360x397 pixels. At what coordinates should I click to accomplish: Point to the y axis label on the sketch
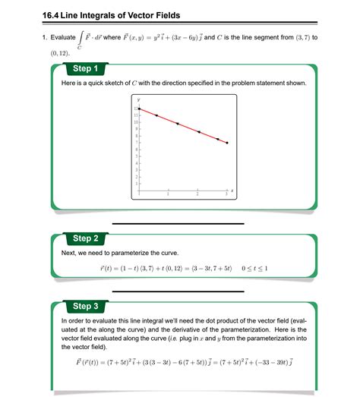coord(139,99)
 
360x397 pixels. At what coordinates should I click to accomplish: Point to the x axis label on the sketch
coord(232,191)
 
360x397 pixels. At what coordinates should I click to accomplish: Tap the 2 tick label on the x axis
coord(197,196)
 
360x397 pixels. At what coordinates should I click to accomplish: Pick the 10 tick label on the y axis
coord(134,121)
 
